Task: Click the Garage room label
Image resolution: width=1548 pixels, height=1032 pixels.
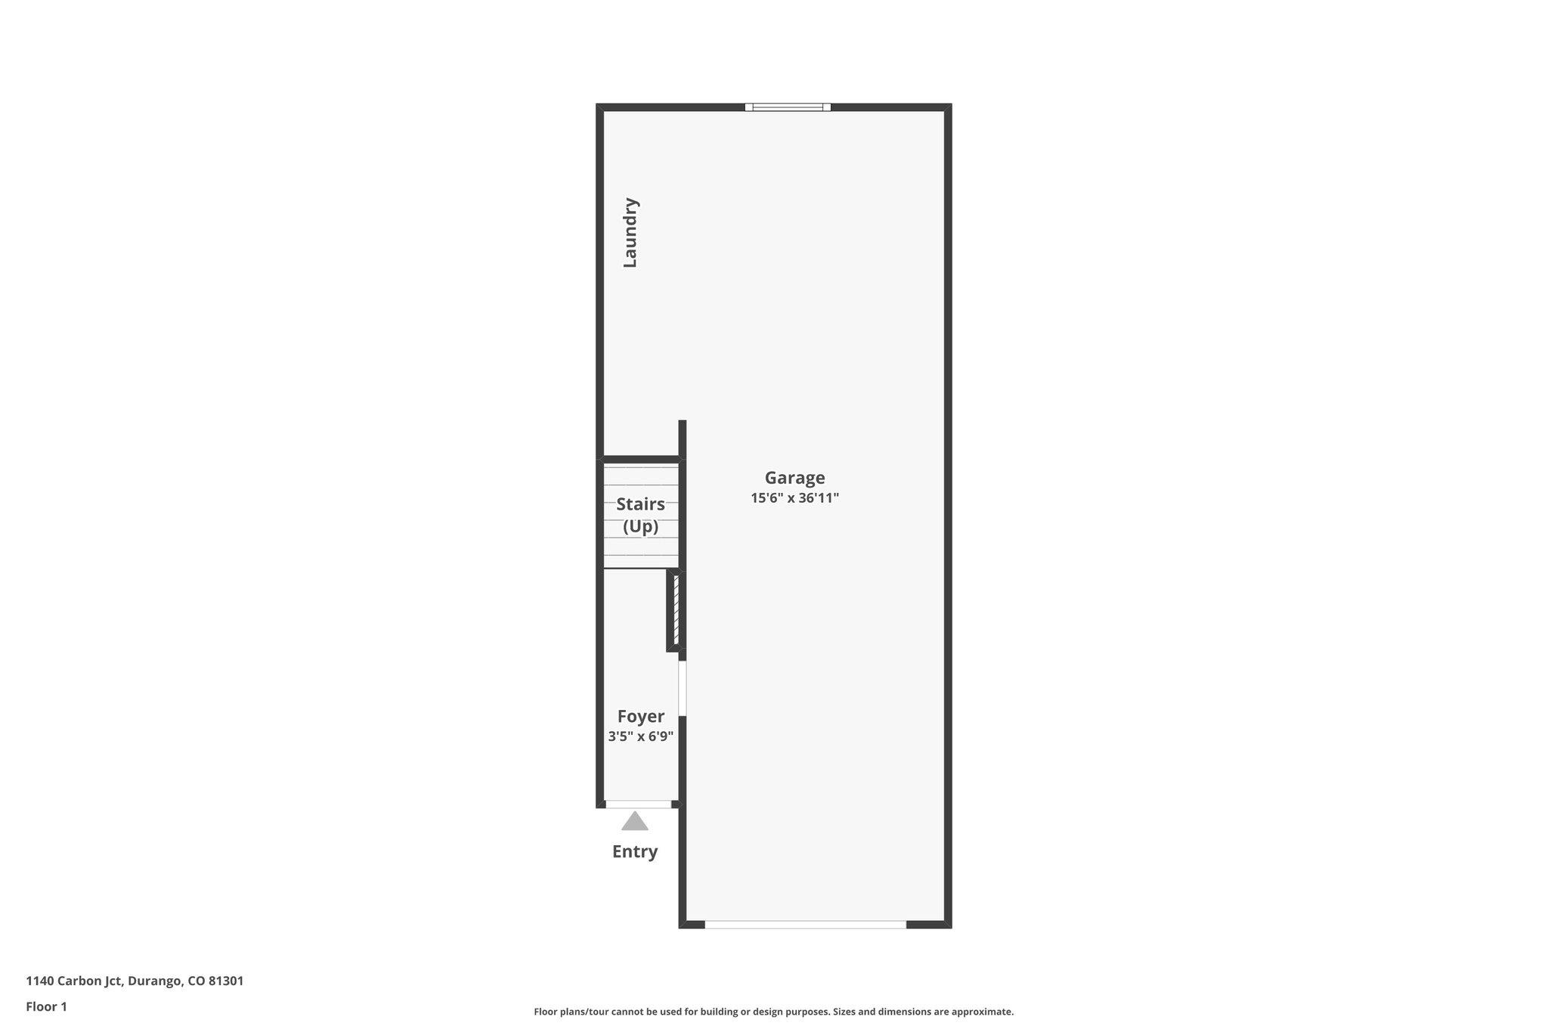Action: tap(794, 478)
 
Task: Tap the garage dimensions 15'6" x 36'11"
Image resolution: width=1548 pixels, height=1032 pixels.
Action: tap(794, 498)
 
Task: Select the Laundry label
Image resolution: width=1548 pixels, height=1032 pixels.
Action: tap(630, 233)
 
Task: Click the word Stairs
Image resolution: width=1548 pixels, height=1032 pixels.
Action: tap(640, 504)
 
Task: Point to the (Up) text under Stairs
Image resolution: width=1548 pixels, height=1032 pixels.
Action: tap(640, 526)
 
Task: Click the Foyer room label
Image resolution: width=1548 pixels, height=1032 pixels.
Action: tap(640, 716)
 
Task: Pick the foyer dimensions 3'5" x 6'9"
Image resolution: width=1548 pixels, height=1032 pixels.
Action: tap(640, 736)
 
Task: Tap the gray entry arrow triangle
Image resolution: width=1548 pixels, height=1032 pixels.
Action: tap(635, 821)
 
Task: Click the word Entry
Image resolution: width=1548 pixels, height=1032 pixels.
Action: tap(635, 852)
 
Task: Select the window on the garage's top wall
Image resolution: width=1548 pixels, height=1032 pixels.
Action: tap(788, 107)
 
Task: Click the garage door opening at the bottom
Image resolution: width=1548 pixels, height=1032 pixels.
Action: tap(805, 924)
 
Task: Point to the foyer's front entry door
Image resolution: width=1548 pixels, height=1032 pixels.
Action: tap(638, 804)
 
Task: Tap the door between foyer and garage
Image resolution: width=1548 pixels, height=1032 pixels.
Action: tap(682, 688)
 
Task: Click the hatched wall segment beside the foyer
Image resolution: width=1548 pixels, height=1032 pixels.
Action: tap(676, 609)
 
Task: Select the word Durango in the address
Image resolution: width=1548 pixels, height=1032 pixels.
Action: tap(155, 981)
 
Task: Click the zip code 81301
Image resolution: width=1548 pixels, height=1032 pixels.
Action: tap(226, 981)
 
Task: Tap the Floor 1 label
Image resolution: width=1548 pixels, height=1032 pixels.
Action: tap(47, 1007)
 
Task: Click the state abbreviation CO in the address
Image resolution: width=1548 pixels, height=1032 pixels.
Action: tap(196, 981)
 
